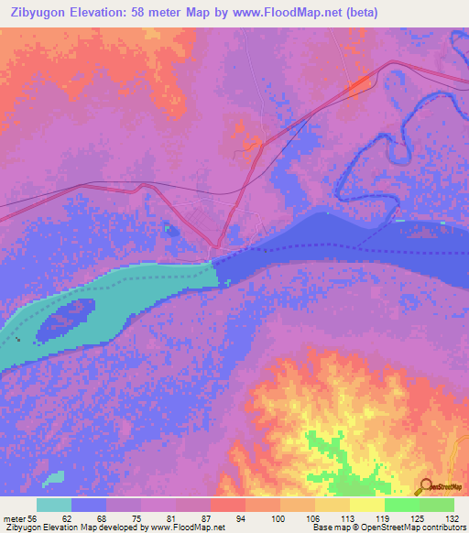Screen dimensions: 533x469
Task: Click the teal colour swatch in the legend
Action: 54,505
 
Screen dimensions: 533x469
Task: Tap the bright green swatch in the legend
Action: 401,505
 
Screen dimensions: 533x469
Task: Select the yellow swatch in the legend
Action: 367,505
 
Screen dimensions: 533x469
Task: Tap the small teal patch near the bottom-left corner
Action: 53,478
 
